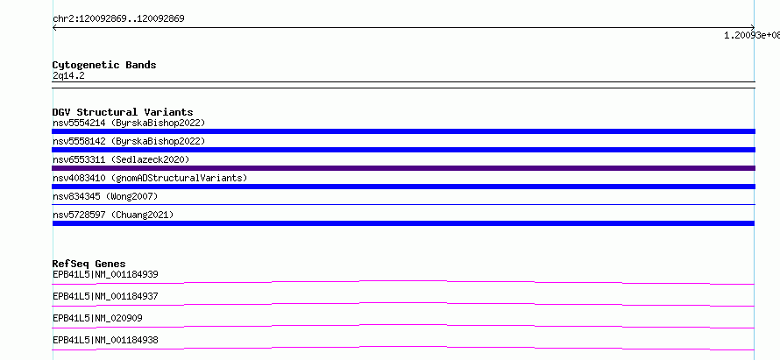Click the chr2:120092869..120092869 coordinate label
tap(118, 19)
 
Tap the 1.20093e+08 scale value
tap(752, 35)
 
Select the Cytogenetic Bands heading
tap(104, 65)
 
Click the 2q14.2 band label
tap(68, 75)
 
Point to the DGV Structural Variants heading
tap(123, 112)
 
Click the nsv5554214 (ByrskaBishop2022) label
tap(129, 123)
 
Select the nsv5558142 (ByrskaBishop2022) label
tap(129, 141)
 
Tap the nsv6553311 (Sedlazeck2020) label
tap(121, 159)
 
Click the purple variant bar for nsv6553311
tap(403, 168)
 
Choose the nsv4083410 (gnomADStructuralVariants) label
tap(150, 178)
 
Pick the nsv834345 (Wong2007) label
tap(105, 196)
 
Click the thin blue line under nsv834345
tap(403, 204)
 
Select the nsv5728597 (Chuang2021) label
tap(113, 215)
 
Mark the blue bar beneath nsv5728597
tap(403, 223)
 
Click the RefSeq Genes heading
tap(89, 264)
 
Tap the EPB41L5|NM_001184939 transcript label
tap(105, 274)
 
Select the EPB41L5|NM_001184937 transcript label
tap(105, 296)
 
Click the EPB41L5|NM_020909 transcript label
tap(97, 318)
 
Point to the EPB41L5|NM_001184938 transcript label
tap(105, 340)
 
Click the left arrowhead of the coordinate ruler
tap(53, 28)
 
